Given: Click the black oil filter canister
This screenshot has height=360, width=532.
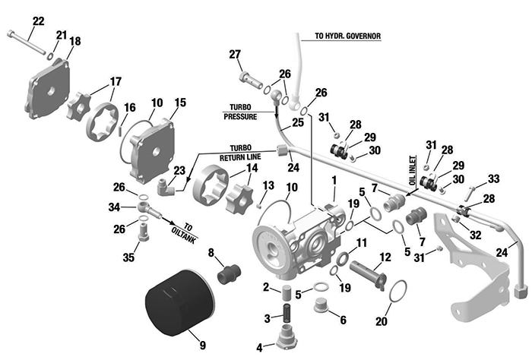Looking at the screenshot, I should point(176,303).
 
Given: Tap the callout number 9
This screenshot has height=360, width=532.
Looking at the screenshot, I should point(202,346).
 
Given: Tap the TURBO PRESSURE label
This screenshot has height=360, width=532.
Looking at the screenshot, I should point(240,112).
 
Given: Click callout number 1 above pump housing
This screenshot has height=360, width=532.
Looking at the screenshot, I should point(332,180).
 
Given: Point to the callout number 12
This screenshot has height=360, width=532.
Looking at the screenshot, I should point(385,257).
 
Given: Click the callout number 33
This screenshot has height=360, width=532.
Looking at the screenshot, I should point(494,179).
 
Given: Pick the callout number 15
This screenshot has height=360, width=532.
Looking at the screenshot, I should point(180,103).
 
